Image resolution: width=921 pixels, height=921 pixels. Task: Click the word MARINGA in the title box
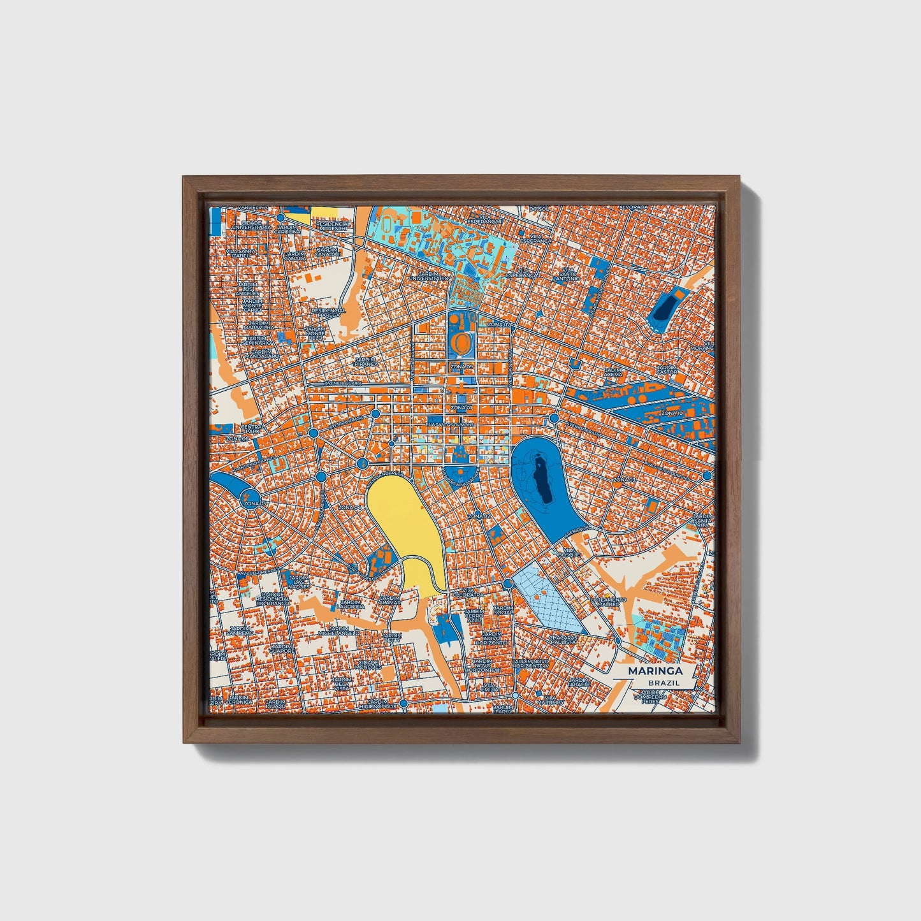coord(655,671)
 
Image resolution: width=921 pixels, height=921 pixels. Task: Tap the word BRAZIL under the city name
coord(664,683)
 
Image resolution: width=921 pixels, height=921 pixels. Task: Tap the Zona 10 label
coord(671,413)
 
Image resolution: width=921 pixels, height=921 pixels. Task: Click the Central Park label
coord(250,429)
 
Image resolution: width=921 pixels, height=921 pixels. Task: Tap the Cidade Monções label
coord(370,664)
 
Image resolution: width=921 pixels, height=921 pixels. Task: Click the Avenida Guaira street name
coord(343,384)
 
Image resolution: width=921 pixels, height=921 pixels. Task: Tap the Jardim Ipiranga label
coord(365,362)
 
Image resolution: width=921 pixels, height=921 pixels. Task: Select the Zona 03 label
coord(624,479)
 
